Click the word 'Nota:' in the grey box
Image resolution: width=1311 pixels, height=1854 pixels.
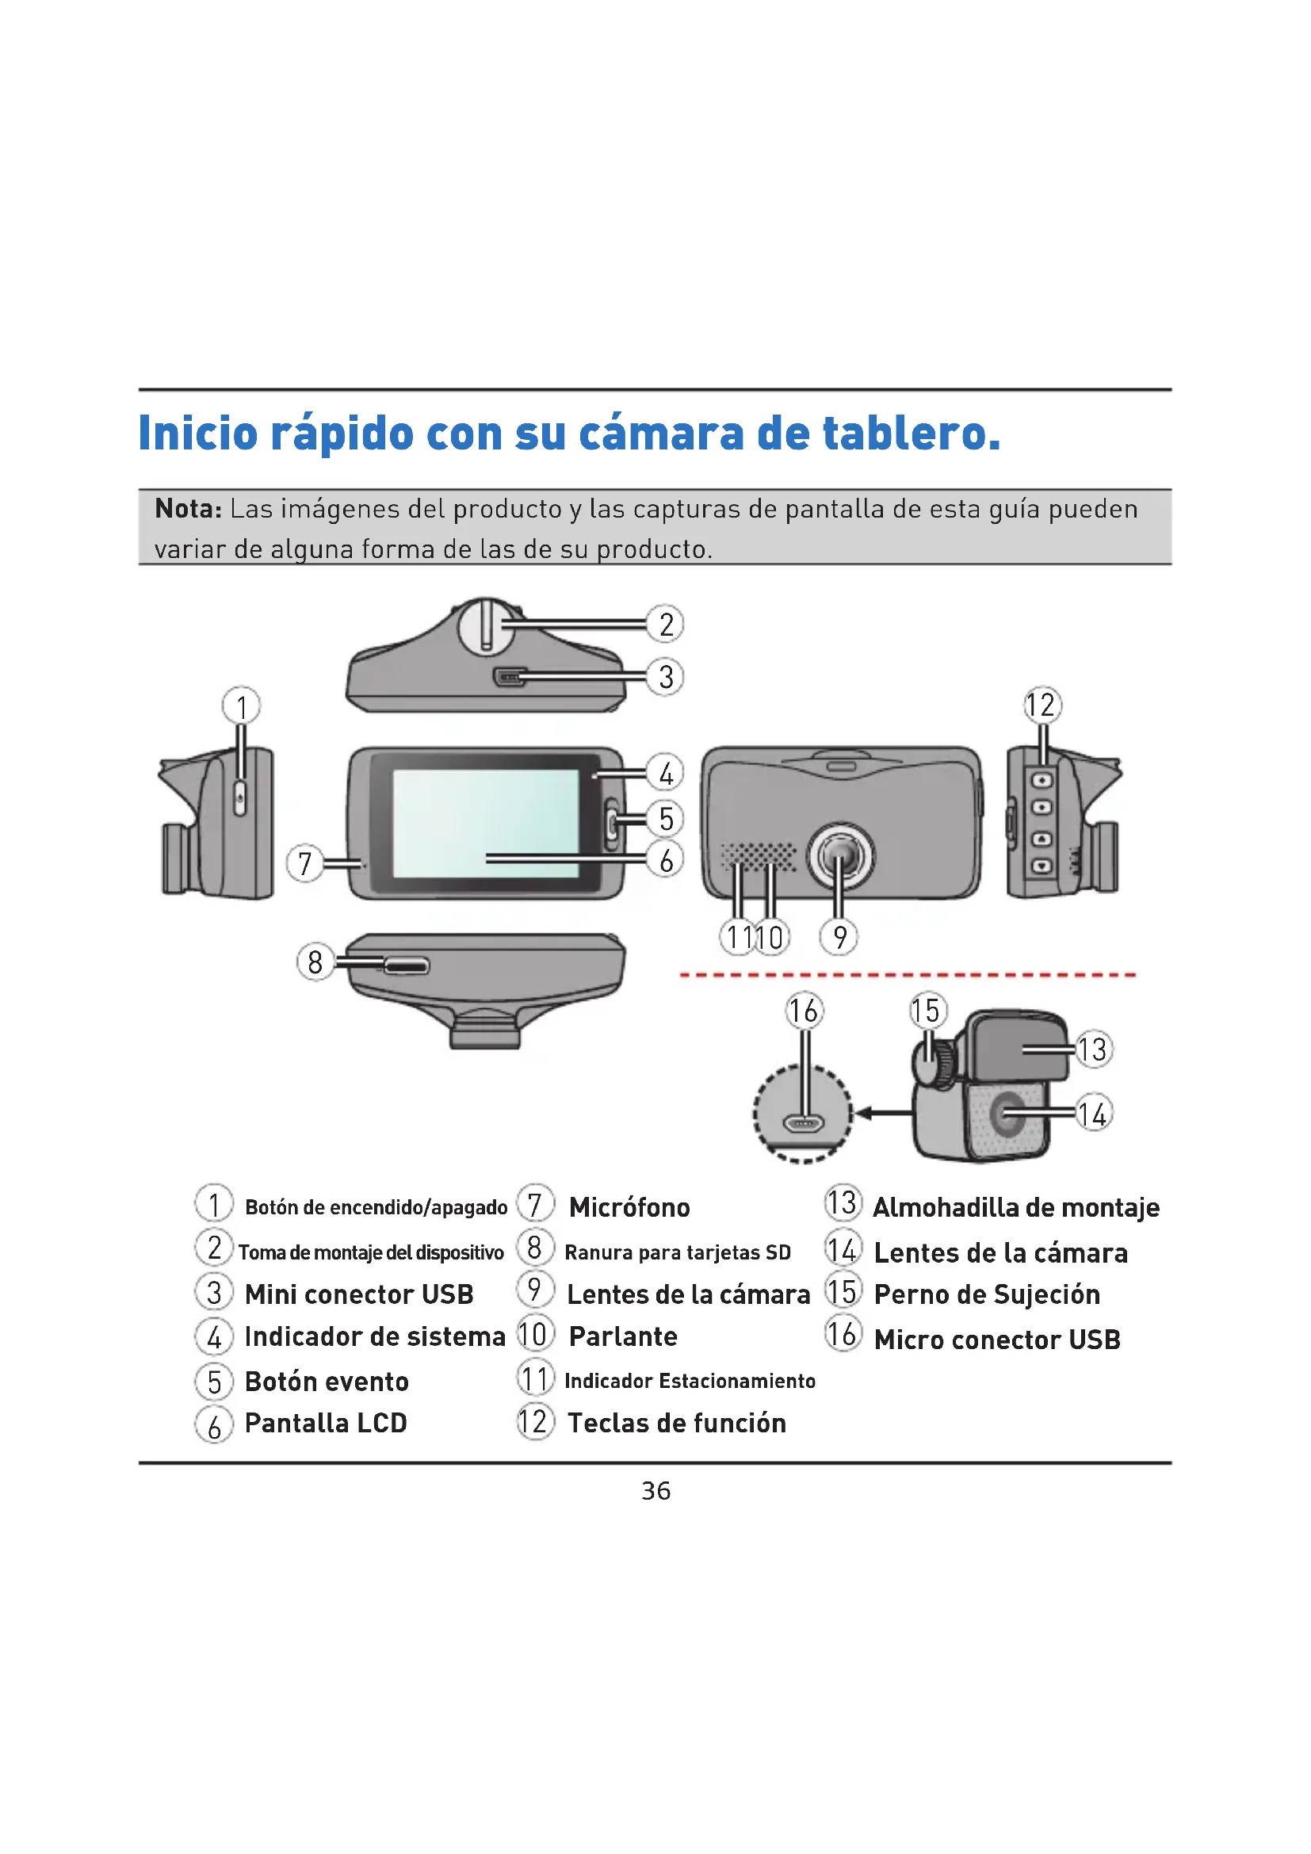(188, 509)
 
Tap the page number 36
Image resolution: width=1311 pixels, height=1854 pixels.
(655, 1490)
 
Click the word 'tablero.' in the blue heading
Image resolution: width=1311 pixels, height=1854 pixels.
(912, 433)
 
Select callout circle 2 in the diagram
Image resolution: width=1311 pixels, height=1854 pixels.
(665, 624)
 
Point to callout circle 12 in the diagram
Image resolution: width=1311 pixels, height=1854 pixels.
(1042, 705)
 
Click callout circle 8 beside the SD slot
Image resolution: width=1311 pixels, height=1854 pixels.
(315, 961)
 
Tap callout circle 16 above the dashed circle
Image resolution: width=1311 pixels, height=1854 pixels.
(804, 1010)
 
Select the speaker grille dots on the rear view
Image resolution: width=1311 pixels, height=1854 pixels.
(759, 857)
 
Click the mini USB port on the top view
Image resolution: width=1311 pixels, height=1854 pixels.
(510, 676)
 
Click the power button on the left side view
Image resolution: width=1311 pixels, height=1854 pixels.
(239, 798)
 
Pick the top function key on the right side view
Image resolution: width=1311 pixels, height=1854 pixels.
(1042, 780)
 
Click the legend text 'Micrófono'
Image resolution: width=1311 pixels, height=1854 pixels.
(629, 1207)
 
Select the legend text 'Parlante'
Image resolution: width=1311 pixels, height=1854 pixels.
(623, 1336)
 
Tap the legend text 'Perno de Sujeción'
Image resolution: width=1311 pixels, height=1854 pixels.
(988, 1294)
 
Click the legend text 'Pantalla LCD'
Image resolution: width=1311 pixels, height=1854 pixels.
(326, 1423)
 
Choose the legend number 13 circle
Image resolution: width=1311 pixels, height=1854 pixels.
(843, 1203)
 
